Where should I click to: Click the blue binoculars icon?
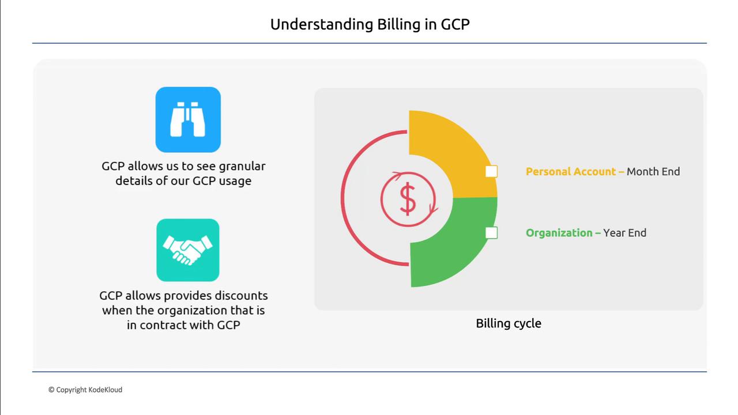(188, 119)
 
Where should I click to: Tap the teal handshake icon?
(188, 250)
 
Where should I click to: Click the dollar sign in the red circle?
(408, 199)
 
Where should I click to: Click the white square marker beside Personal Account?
(491, 171)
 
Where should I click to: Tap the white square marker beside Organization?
(491, 233)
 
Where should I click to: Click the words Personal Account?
(571, 172)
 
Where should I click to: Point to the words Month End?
(653, 172)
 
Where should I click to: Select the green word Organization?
(559, 233)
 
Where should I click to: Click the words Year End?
(624, 233)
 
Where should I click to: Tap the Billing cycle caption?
(509, 323)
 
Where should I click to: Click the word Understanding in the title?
(322, 24)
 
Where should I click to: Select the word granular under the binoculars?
(242, 167)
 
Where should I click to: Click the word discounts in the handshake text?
(241, 296)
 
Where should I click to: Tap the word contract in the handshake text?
(176, 325)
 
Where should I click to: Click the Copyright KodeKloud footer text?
(85, 390)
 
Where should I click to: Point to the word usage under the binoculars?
(235, 181)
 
